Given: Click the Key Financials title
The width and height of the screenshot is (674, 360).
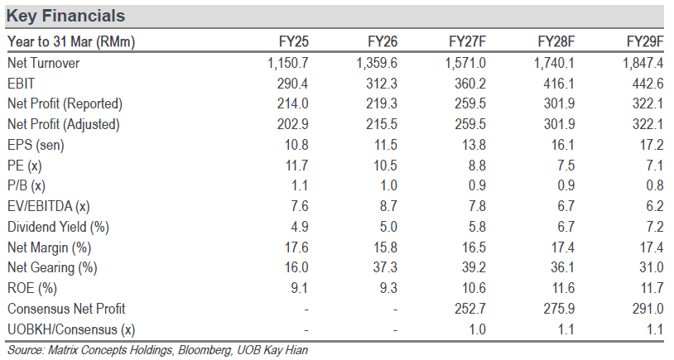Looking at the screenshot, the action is [65, 16].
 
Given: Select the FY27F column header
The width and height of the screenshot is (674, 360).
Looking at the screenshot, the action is [467, 41].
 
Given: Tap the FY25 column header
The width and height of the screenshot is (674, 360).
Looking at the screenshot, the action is [294, 41].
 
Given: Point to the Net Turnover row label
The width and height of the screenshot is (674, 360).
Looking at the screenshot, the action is [43, 63].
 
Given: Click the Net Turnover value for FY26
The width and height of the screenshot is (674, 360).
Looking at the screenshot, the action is [377, 63].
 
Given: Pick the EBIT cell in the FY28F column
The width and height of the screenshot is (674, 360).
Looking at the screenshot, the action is [558, 84].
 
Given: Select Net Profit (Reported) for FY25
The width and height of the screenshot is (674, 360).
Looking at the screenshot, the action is [293, 103].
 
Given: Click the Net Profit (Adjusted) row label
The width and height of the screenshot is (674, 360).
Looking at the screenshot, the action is [64, 124].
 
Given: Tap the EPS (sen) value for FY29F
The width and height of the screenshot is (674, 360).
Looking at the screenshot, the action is [652, 145].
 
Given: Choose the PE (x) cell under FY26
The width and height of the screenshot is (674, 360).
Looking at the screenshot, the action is [386, 166].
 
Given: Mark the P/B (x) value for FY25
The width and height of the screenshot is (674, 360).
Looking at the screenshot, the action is [299, 185].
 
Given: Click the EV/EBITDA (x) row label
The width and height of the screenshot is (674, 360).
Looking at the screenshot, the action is [49, 206].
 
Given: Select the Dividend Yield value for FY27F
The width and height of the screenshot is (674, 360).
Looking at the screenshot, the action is [477, 227].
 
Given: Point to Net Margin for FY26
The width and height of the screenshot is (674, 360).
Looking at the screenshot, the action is [386, 247].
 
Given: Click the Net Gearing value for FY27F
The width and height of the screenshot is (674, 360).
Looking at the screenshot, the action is [474, 267].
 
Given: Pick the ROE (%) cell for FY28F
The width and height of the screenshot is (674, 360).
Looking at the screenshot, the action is [563, 288].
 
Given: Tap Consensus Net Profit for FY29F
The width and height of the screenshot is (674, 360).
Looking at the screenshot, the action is [648, 309].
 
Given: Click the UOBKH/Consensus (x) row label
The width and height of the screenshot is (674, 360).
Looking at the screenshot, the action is [71, 329].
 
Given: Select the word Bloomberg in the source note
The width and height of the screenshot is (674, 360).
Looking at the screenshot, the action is [205, 350].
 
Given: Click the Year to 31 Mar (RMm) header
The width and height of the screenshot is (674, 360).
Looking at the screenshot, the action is [71, 41].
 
